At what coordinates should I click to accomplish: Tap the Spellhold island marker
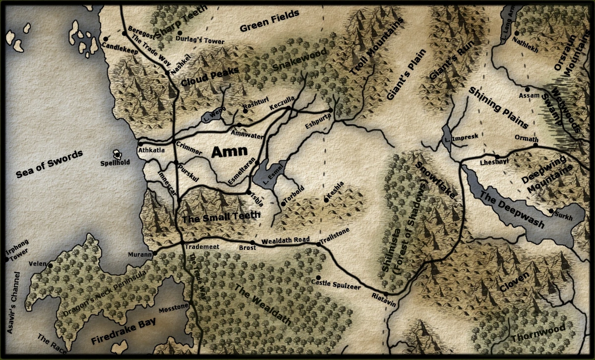coord(118,154)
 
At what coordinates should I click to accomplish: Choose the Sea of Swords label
coord(49,164)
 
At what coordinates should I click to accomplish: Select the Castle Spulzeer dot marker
coord(318,277)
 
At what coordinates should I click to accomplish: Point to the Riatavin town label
coord(383,301)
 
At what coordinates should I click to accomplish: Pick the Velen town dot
coord(50,265)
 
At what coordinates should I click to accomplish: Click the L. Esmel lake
coord(268,174)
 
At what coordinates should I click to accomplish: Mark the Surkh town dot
coord(551,211)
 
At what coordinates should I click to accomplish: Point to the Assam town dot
coord(528,89)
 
